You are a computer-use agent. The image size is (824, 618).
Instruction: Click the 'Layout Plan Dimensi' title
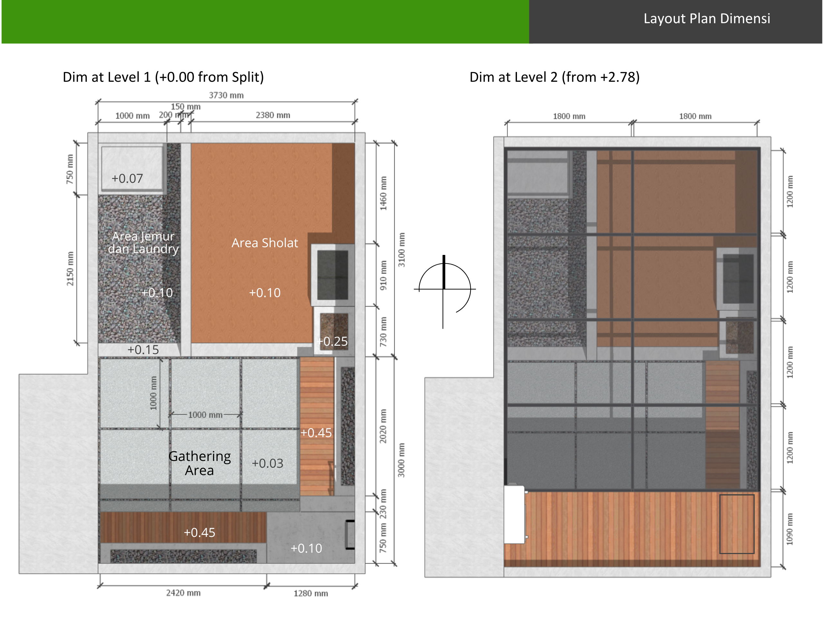(707, 19)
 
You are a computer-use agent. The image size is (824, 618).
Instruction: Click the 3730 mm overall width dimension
(226, 95)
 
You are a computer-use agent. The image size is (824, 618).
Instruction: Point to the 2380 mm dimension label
(273, 115)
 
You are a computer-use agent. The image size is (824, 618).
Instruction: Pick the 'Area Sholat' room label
(265, 243)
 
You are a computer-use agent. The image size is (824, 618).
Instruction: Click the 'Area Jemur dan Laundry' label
(144, 242)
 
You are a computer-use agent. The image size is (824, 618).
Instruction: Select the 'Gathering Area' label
(200, 463)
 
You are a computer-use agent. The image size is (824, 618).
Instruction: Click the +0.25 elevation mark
(332, 341)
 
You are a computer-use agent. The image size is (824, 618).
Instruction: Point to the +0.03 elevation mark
(267, 464)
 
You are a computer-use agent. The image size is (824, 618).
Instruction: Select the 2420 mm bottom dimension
(183, 593)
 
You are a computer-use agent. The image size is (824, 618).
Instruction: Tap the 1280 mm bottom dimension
(311, 594)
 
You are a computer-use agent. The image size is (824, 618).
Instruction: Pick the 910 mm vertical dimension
(383, 275)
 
